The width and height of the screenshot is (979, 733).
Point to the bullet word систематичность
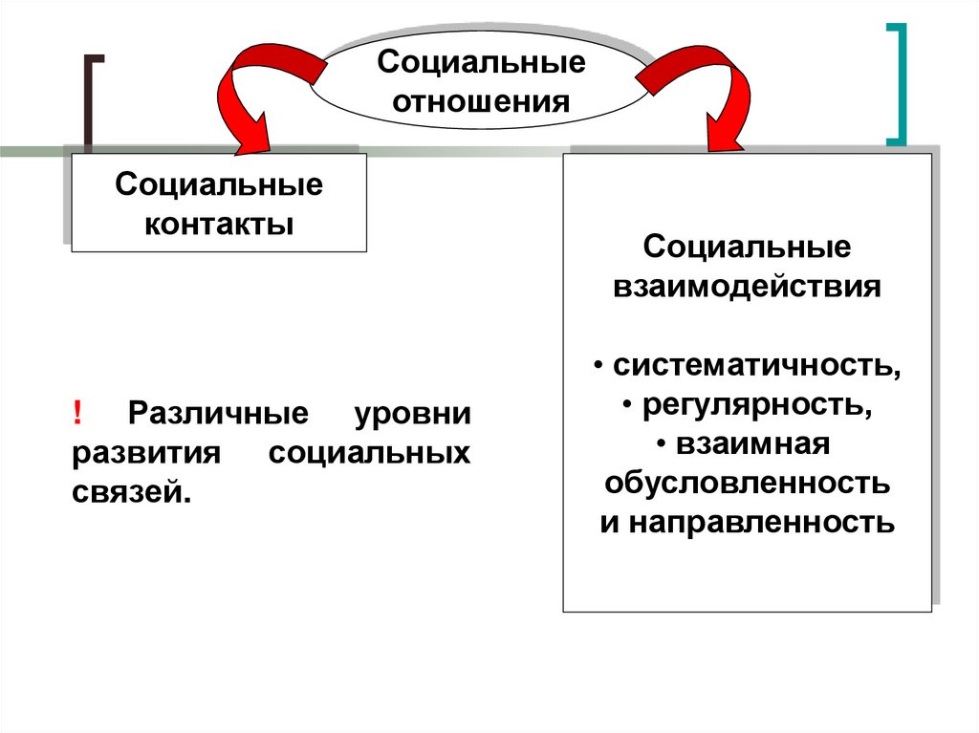(x=755, y=366)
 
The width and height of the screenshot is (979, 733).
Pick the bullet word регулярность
(x=755, y=406)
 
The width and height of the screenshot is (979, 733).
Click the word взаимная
(x=753, y=444)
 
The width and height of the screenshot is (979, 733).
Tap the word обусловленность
(x=747, y=484)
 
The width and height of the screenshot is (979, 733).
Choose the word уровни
(x=412, y=415)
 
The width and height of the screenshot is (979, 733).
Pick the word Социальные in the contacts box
(x=219, y=183)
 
